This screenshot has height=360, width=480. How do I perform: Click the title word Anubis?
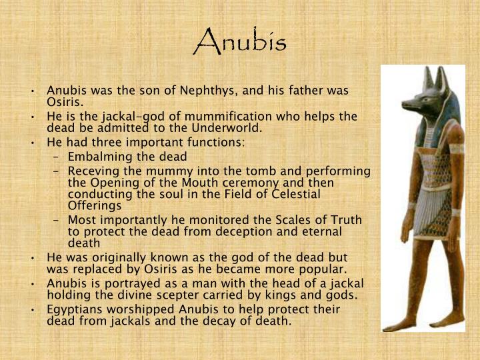click(x=240, y=41)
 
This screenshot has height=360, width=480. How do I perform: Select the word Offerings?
click(x=94, y=205)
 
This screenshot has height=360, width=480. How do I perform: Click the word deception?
click(x=217, y=231)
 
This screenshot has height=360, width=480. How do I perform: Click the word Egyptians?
click(x=75, y=309)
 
